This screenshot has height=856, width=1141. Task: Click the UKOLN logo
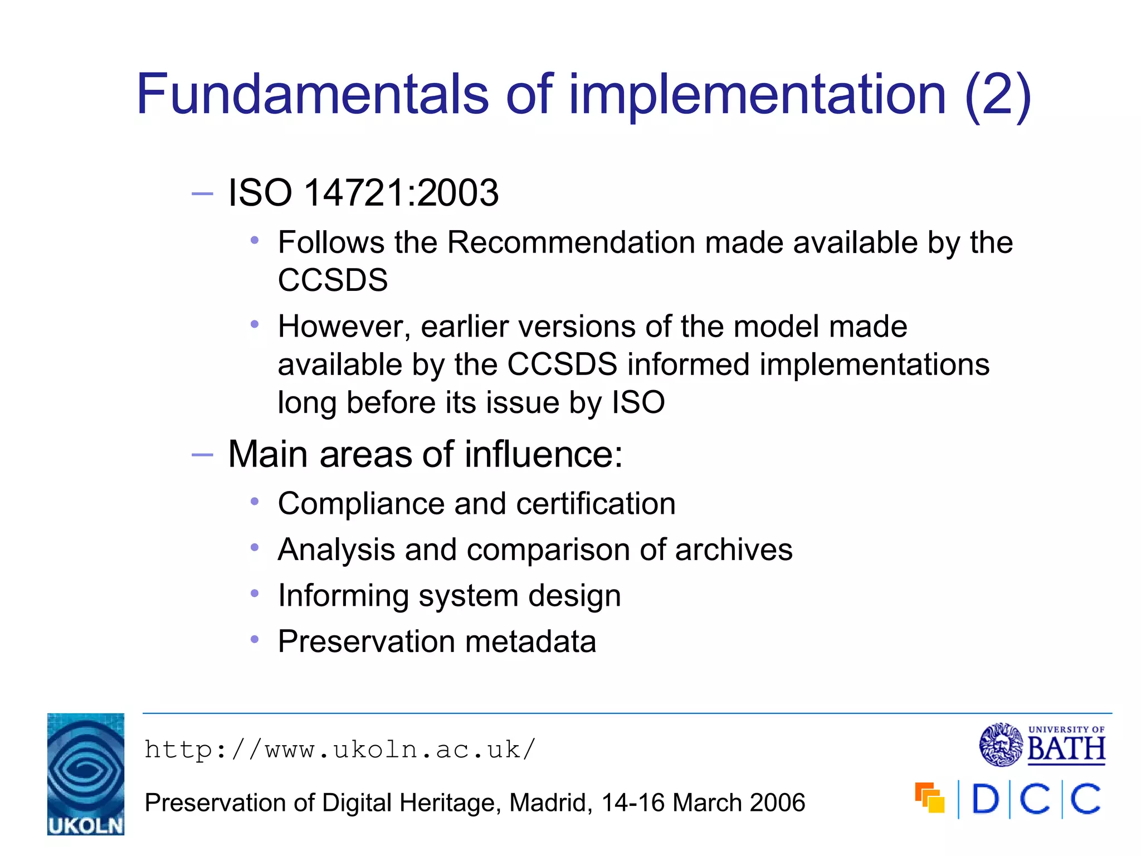click(x=86, y=774)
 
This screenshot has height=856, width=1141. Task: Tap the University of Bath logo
click(x=1042, y=745)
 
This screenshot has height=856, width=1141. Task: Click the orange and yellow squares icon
click(x=929, y=798)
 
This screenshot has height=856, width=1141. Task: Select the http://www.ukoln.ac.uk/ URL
click(x=340, y=750)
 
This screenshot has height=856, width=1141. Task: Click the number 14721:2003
click(x=401, y=193)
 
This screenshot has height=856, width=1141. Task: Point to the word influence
click(x=543, y=454)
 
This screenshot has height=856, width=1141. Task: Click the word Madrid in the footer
click(x=550, y=803)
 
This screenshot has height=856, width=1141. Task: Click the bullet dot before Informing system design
click(x=255, y=594)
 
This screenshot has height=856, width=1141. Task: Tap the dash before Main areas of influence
click(x=202, y=455)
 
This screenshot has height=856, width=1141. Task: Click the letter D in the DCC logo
click(x=985, y=800)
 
